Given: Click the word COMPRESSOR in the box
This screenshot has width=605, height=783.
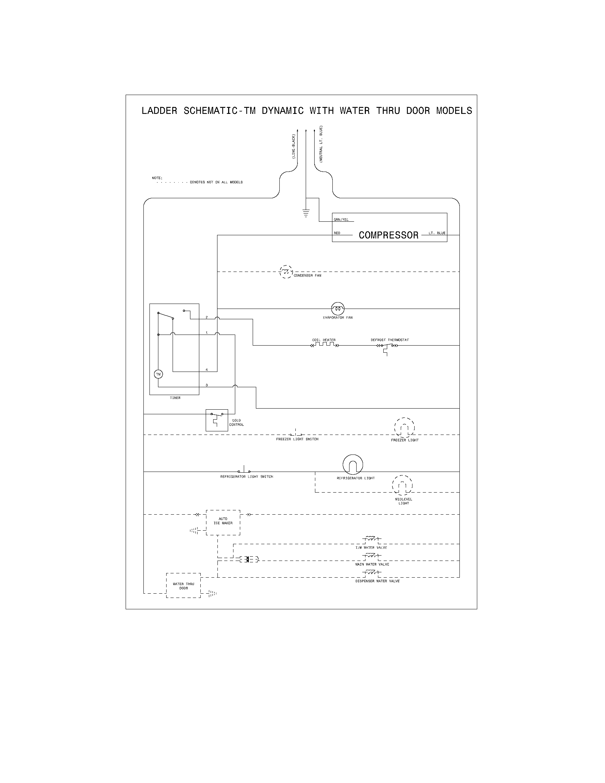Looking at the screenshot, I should coord(389,235).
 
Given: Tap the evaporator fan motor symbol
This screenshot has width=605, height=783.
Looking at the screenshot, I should coord(338,308).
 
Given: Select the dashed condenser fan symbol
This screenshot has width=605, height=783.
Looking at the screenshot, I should coord(286,272).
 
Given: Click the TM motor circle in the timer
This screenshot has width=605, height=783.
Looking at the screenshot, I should coord(158,374).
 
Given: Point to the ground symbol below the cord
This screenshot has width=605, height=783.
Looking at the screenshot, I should coord(306,214).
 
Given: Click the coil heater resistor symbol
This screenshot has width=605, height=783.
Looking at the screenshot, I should coord(324,345).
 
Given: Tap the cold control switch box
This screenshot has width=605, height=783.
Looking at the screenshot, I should coord(216,420).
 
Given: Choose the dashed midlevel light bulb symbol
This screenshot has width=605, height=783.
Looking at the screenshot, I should coord(402,485).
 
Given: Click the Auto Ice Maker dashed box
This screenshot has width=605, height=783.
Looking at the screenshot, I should coord(223,522).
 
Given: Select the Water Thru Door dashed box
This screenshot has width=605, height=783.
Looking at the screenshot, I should coord(183,585).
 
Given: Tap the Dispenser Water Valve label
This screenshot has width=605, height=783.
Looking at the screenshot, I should coord(377,581).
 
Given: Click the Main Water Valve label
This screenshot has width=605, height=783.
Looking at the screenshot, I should coord(372,564).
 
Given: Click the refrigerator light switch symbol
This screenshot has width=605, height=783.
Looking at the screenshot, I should coord(244,471).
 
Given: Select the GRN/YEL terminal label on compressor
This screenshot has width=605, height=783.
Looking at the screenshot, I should coord(341,219).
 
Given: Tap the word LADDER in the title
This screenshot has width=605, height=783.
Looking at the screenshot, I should coord(159,111).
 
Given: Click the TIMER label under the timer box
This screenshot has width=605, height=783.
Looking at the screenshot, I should coord(175,398).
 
